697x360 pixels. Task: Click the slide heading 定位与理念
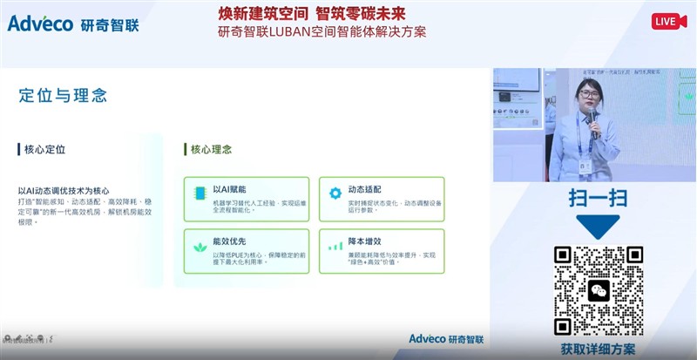click(63, 95)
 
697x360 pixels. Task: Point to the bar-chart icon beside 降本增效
click(335, 246)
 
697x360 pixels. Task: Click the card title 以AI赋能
click(230, 189)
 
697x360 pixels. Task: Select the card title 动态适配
click(364, 189)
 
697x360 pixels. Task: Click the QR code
click(599, 290)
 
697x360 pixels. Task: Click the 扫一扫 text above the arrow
click(598, 198)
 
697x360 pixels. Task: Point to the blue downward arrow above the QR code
click(598, 227)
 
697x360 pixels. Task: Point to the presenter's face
click(585, 95)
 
